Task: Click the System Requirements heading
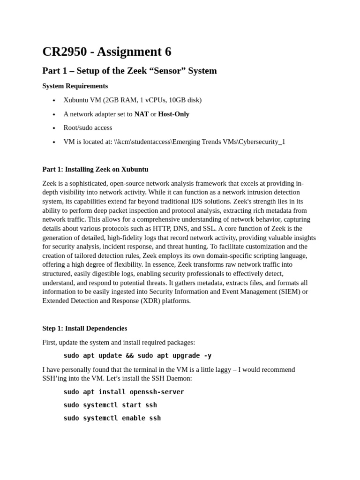[x=75, y=86]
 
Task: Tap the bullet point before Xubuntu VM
[x=54, y=100]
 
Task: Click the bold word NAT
[x=141, y=114]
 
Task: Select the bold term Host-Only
[x=173, y=114]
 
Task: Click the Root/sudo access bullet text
[x=88, y=127]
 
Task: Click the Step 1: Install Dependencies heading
[x=84, y=328]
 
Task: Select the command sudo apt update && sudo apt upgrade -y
[x=137, y=355]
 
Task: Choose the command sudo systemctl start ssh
[x=110, y=405]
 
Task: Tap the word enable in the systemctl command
[x=134, y=418]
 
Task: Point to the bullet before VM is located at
[x=54, y=142]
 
